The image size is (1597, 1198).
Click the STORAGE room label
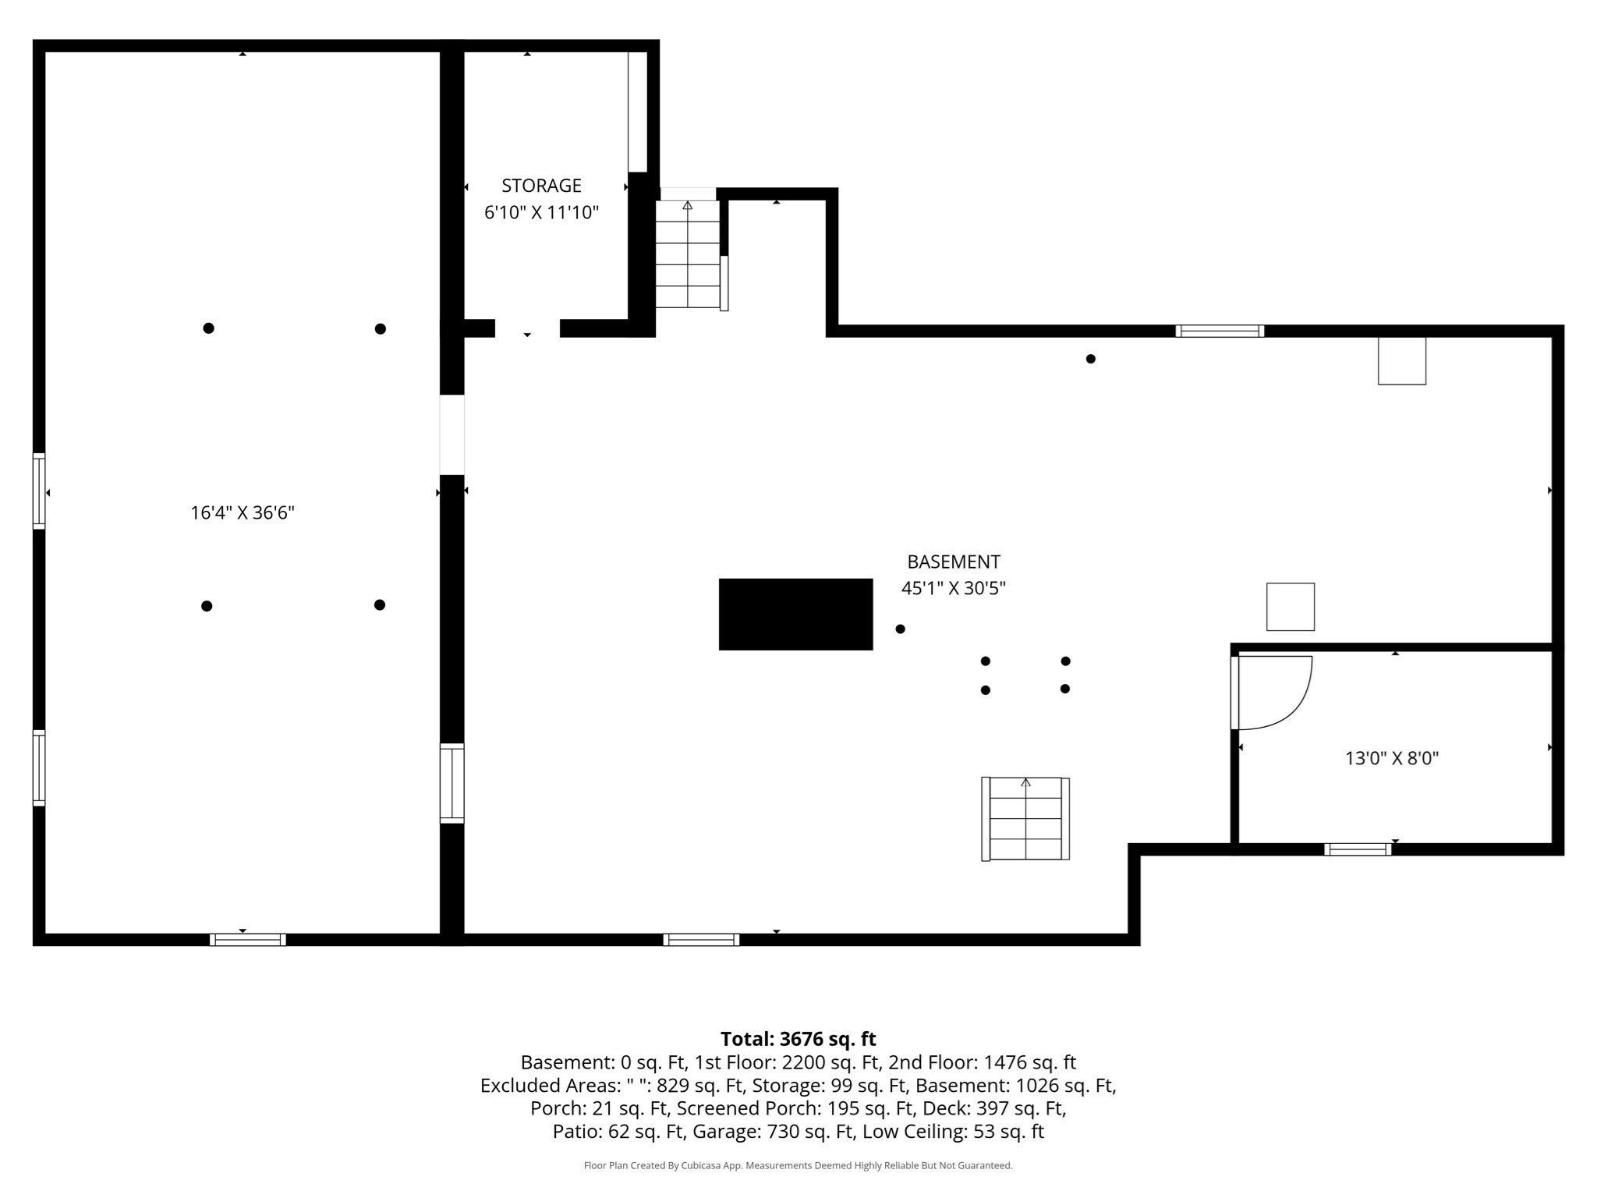(x=541, y=186)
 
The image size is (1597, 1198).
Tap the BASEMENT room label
(x=953, y=562)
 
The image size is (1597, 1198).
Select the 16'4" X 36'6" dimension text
(x=243, y=512)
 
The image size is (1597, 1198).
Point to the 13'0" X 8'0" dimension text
(x=1392, y=757)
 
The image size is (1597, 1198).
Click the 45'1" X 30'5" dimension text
(x=953, y=588)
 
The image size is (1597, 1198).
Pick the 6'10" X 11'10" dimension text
(x=541, y=212)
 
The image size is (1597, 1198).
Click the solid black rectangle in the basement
(x=795, y=614)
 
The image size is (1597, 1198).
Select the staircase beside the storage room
(x=687, y=253)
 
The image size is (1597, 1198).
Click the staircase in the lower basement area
(x=1025, y=818)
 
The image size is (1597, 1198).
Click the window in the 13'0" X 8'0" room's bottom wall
(x=1358, y=849)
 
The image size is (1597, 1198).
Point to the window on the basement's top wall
(x=1220, y=331)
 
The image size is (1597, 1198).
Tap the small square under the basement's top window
(x=1402, y=360)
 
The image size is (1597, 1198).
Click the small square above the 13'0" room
(x=1291, y=606)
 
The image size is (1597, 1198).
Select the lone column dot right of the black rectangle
(x=900, y=629)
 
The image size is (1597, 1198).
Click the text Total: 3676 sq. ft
(x=798, y=1039)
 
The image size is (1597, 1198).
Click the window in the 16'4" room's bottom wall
(x=248, y=940)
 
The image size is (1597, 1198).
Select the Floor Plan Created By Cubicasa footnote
(x=798, y=1165)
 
